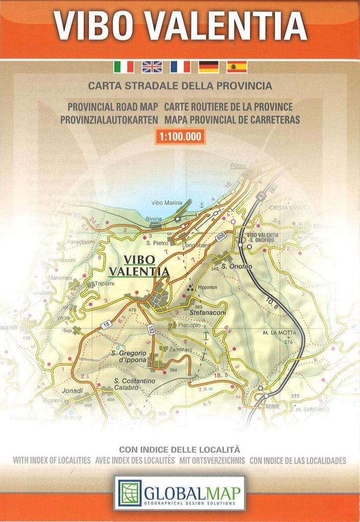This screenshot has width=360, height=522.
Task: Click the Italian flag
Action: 123,67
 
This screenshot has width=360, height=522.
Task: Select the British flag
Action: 152,67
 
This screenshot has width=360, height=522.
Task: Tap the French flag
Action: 180,67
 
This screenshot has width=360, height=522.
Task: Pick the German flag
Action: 209,67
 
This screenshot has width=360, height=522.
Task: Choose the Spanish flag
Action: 237,67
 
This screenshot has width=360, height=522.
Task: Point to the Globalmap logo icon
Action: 130,493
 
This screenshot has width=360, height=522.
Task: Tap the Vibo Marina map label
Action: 166,202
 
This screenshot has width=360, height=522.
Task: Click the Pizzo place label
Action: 238,166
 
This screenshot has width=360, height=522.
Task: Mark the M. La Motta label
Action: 279,333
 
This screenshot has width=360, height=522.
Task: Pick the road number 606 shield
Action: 220,237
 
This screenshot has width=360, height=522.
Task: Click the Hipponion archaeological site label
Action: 207,287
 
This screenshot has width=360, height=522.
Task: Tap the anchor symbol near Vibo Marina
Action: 201,204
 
